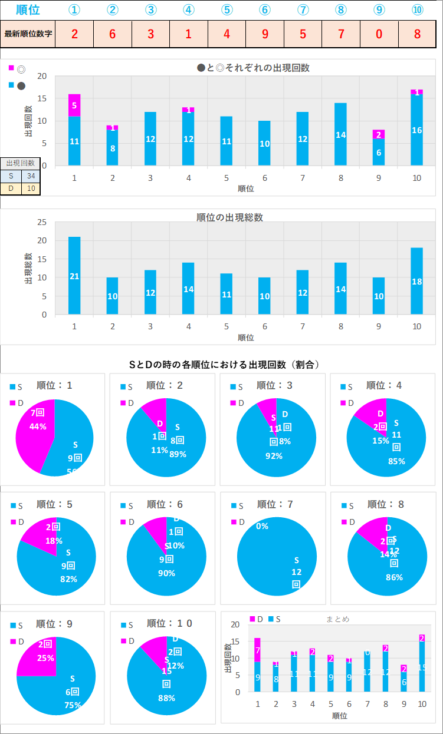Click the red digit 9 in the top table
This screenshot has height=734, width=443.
pyautogui.click(x=265, y=34)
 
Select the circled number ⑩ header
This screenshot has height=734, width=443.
pyautogui.click(x=418, y=10)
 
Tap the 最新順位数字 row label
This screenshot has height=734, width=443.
pyautogui.click(x=28, y=34)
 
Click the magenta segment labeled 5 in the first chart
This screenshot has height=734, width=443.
pyautogui.click(x=74, y=105)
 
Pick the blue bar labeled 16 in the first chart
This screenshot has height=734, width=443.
pyautogui.click(x=417, y=130)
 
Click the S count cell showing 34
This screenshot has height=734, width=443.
pyautogui.click(x=31, y=176)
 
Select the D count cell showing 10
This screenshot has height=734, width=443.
pyautogui.click(x=31, y=189)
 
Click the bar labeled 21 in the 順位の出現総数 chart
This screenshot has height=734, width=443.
pyautogui.click(x=74, y=276)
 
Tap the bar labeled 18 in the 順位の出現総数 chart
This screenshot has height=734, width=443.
pyautogui.click(x=417, y=281)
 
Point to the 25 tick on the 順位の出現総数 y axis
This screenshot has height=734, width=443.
pyautogui.click(x=42, y=222)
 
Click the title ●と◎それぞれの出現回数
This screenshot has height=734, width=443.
pyautogui.click(x=253, y=68)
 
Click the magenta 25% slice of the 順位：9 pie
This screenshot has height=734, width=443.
pyautogui.click(x=38, y=655)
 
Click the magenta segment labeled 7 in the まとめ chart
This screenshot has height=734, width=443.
pyautogui.click(x=257, y=650)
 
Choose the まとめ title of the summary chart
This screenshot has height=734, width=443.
pyautogui.click(x=338, y=619)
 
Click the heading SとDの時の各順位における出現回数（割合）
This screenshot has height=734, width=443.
pyautogui.click(x=224, y=365)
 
